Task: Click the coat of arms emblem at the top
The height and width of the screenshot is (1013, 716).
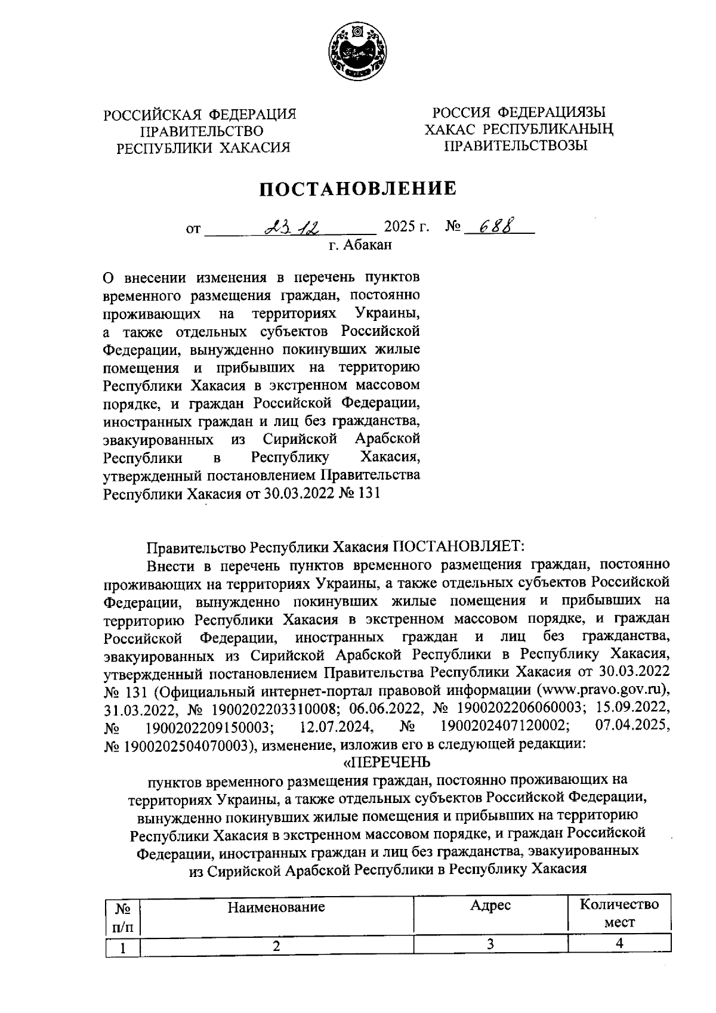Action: (x=357, y=54)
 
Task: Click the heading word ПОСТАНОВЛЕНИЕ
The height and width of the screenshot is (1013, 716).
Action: (x=357, y=189)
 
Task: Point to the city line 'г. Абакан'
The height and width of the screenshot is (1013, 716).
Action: (x=360, y=243)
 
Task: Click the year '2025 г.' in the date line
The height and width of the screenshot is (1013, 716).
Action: (x=407, y=227)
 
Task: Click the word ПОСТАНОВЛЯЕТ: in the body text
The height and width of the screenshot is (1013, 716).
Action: (x=456, y=546)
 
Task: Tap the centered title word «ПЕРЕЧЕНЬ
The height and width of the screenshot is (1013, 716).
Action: (x=387, y=762)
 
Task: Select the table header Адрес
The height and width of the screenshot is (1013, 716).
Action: (x=490, y=906)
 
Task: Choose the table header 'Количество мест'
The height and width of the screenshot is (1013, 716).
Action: (x=619, y=913)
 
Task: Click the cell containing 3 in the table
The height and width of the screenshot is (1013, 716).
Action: (x=490, y=944)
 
